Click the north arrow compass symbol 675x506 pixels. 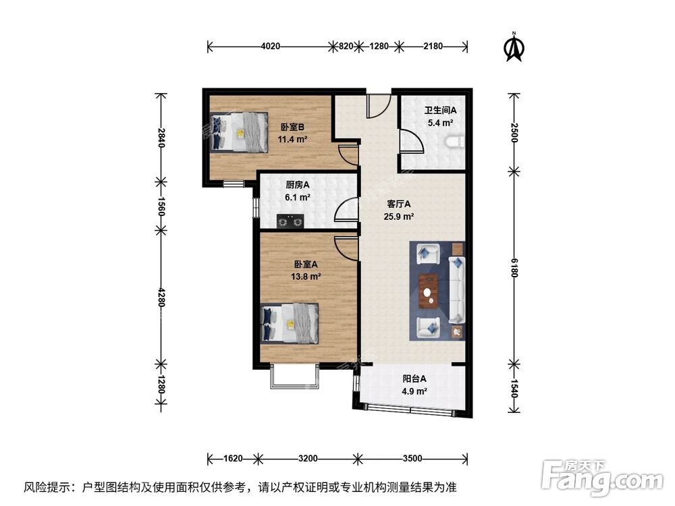515,47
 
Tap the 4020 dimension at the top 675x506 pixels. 270,47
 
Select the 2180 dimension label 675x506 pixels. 433,47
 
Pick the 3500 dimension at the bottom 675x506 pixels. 412,459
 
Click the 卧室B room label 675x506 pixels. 293,127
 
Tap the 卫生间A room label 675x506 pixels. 440,110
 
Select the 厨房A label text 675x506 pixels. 297,185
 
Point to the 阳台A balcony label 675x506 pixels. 414,378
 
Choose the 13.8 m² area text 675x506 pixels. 306,276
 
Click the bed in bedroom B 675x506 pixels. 240,132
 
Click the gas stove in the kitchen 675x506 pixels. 291,220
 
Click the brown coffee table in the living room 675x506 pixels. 427,290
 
